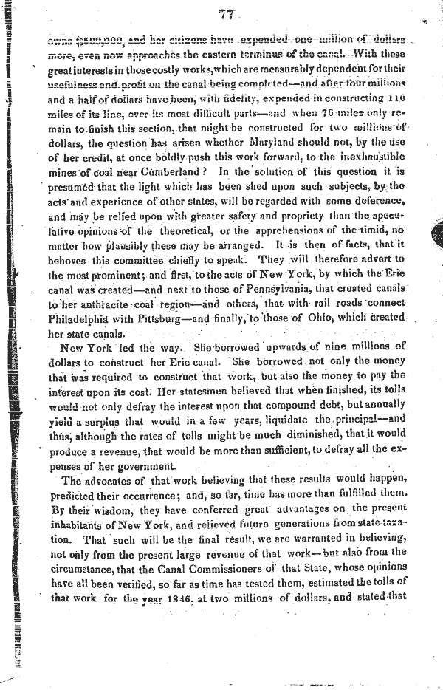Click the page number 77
(x=227, y=13)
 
